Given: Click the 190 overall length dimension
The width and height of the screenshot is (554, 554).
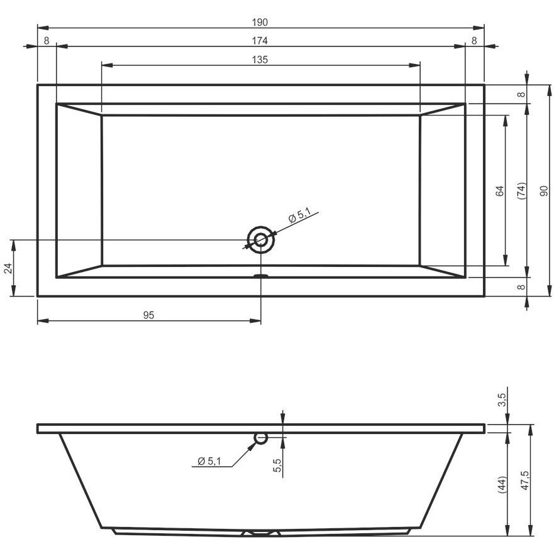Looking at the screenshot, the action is click(x=260, y=22).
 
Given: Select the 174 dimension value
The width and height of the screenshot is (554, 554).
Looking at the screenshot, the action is click(x=260, y=41).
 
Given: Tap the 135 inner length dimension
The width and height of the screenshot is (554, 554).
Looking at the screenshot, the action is click(x=260, y=59).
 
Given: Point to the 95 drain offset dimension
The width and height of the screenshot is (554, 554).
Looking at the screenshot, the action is click(x=149, y=315).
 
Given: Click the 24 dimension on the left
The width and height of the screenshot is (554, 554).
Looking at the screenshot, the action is click(x=9, y=268).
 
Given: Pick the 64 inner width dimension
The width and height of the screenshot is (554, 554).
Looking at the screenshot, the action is click(x=499, y=191).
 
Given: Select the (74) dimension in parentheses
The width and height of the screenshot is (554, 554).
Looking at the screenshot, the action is click(x=521, y=191).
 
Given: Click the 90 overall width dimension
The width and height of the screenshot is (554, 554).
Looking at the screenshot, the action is click(x=544, y=191).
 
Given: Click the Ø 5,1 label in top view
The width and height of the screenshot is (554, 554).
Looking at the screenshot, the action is click(x=300, y=215).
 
